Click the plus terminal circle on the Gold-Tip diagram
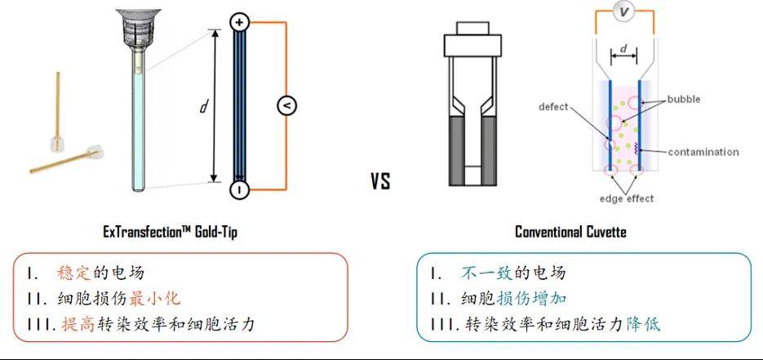point(239,23)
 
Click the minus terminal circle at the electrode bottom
point(239,190)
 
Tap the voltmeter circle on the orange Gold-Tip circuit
point(286,106)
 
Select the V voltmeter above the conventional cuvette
point(623,12)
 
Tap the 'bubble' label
point(684,100)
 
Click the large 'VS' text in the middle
point(380,181)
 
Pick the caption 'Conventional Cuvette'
point(570,232)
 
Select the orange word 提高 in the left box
point(78,324)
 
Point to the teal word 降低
point(643,324)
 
